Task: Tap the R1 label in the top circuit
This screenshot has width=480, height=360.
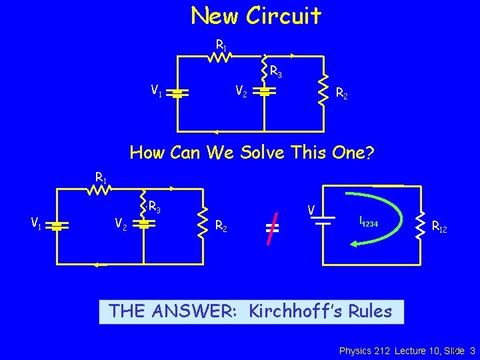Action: (221, 45)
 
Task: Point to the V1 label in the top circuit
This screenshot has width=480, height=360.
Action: (157, 89)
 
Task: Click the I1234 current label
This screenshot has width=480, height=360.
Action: (369, 222)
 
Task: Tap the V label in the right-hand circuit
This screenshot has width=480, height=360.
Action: (311, 209)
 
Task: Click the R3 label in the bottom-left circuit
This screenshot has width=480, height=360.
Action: (155, 207)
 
